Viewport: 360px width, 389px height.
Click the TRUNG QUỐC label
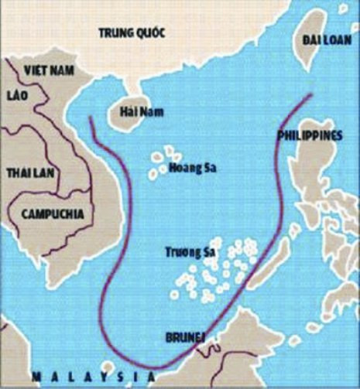[x=134, y=32]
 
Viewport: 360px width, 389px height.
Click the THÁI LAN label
[x=26, y=172]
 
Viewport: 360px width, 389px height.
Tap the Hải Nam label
[x=139, y=112]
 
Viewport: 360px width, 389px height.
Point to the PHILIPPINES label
[x=309, y=136]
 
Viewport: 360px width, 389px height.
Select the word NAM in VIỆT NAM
[x=60, y=70]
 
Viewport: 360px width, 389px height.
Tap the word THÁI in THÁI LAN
[x=17, y=172]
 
